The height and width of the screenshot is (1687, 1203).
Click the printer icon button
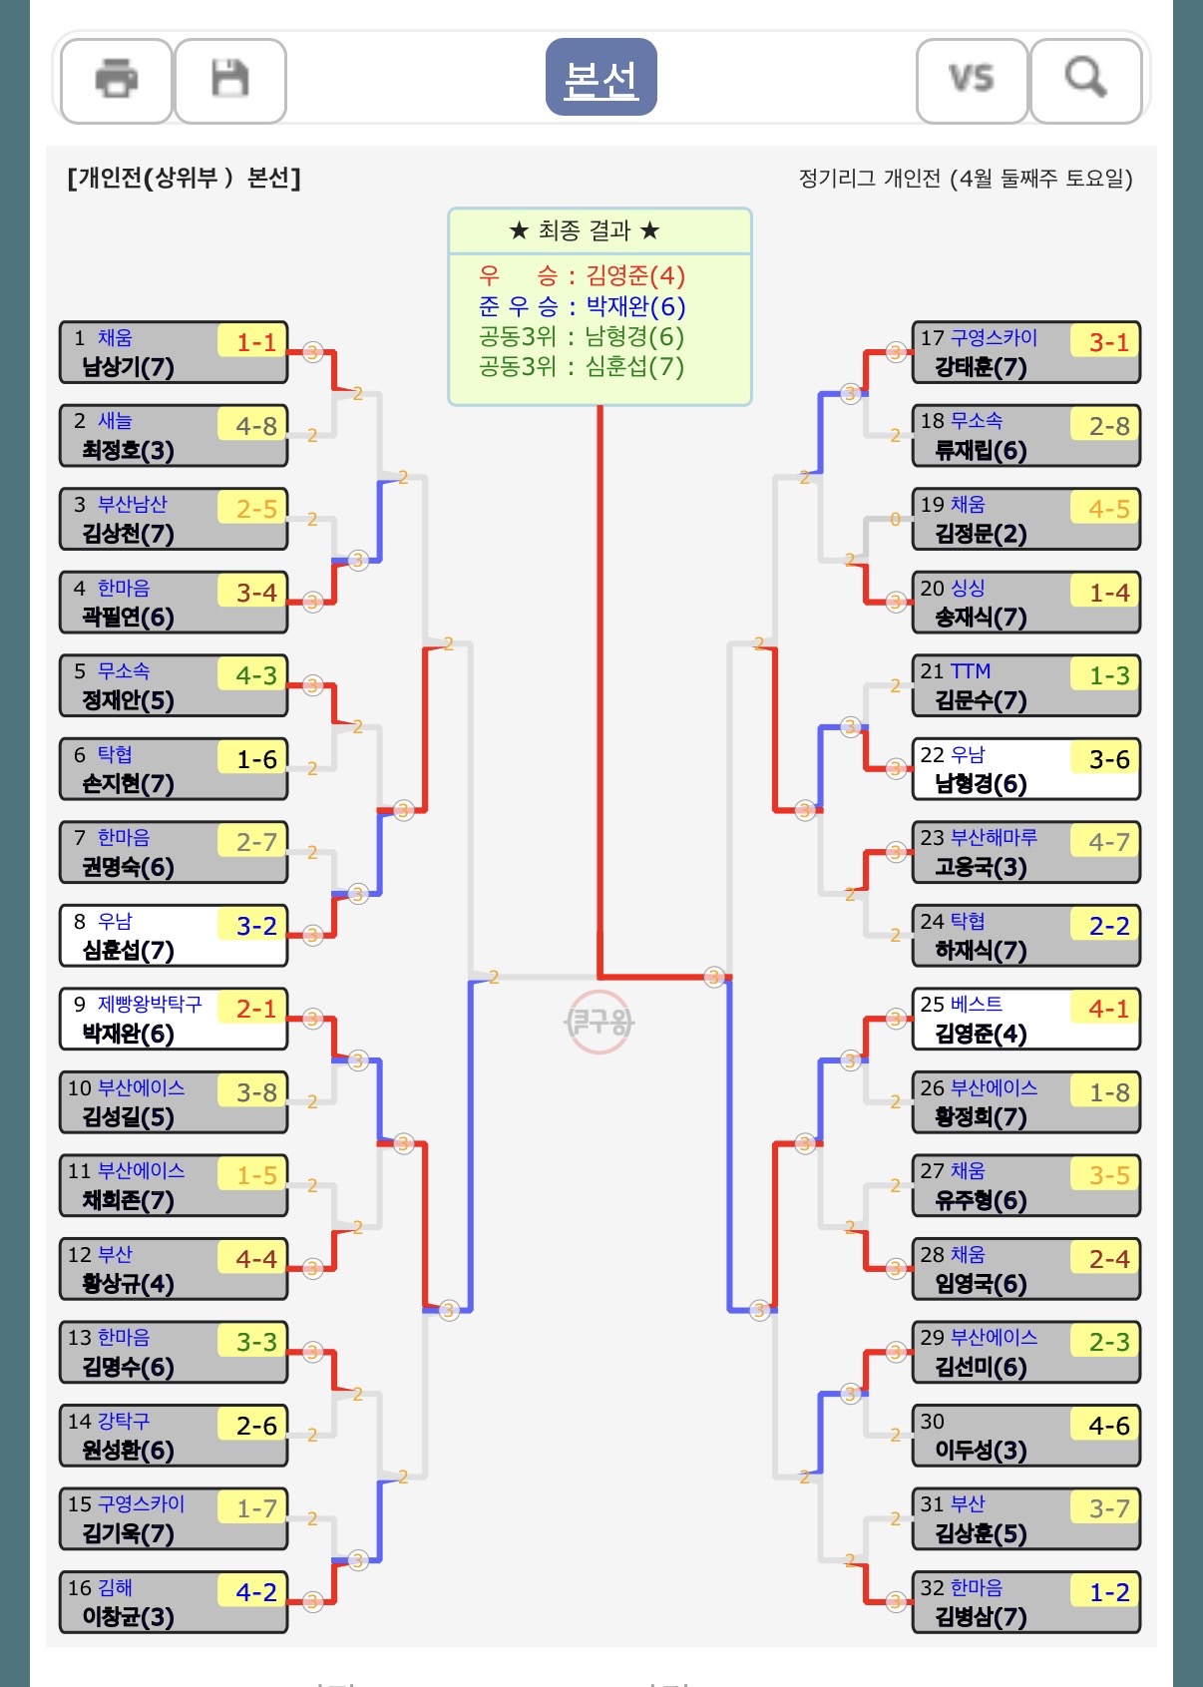point(116,80)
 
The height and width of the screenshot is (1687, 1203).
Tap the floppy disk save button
point(229,80)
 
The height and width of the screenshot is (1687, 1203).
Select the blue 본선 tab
point(601,77)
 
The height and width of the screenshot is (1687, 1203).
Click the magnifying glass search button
point(1085,80)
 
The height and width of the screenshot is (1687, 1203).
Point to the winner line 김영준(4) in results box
point(582,275)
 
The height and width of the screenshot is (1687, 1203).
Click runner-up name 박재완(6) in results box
point(635,306)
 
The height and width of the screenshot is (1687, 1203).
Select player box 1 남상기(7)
point(174,352)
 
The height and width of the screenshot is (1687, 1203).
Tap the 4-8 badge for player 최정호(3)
point(256,426)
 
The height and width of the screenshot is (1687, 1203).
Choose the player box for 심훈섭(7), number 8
point(174,936)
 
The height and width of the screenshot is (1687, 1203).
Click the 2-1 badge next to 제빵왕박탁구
point(256,1010)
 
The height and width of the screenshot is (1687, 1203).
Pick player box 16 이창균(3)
point(174,1602)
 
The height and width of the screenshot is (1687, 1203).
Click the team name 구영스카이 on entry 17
point(994,337)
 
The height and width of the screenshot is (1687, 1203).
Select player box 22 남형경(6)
point(1026,769)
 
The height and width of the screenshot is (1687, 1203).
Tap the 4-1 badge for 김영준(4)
point(1109,1010)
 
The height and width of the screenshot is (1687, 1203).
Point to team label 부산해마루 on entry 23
point(994,837)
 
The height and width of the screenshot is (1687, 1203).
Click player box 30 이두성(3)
point(1026,1436)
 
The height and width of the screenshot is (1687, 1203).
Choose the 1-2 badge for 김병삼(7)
point(1109,1592)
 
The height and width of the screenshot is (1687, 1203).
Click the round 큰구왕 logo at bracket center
point(600,1022)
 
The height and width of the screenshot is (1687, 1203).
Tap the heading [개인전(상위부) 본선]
point(185,178)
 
